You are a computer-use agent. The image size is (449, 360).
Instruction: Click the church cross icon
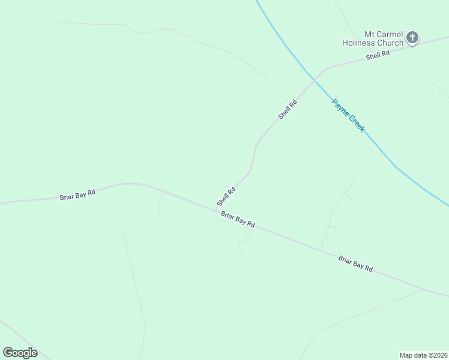[412, 38]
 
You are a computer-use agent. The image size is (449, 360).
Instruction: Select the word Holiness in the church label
[360, 43]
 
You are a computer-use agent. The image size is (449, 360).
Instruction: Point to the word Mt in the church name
[370, 34]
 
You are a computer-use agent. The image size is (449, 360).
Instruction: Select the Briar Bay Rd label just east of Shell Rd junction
[238, 219]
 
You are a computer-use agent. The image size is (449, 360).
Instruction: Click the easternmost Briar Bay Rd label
[355, 264]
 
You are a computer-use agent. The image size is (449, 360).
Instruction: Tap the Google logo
[20, 353]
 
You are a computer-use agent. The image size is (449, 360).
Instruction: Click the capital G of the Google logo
[8, 352]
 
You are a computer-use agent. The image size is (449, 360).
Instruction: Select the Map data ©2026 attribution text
[424, 355]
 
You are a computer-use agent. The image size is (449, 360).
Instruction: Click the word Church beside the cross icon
[390, 43]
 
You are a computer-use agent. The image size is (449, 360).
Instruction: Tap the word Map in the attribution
[407, 355]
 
